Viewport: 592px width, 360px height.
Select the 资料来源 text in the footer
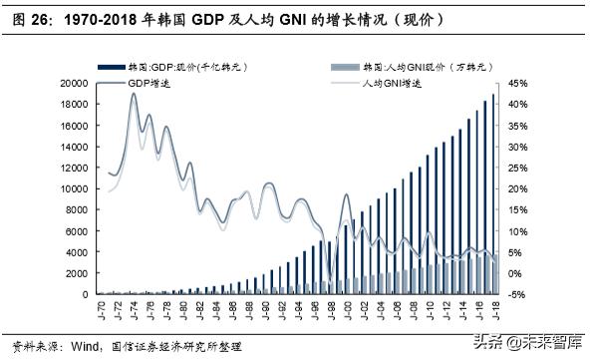(29, 346)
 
